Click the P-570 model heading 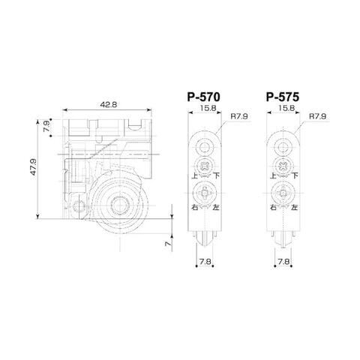(204, 97)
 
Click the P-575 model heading (283, 97)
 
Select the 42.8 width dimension (109, 104)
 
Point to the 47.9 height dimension (34, 166)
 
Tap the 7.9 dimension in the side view (46, 126)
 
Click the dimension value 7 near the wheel (169, 243)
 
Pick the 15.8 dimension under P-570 (208, 108)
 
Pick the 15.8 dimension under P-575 (286, 108)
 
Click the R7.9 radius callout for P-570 (239, 116)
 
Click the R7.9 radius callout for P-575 (318, 116)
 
